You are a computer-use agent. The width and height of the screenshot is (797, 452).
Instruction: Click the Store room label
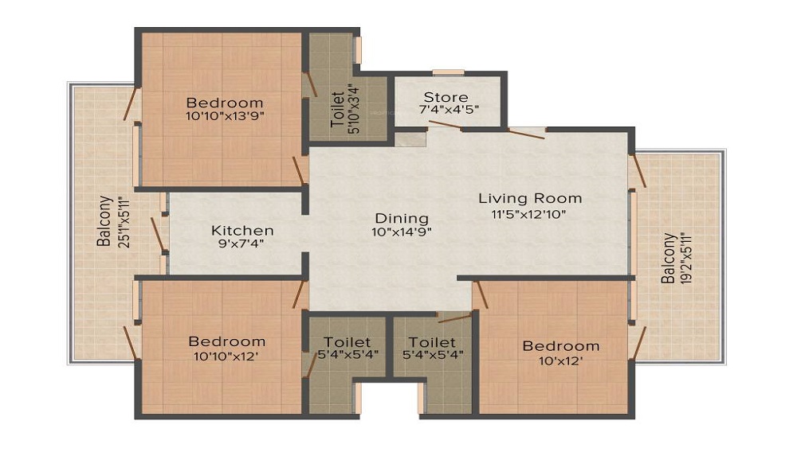click(446, 98)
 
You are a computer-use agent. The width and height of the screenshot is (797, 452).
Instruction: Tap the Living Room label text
click(530, 198)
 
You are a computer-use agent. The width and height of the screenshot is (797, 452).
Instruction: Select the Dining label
click(402, 218)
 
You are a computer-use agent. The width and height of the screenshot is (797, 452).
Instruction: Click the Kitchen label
click(242, 231)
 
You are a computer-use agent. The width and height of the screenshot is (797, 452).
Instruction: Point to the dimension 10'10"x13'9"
click(225, 115)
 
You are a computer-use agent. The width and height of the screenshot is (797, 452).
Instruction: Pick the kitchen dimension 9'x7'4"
click(242, 244)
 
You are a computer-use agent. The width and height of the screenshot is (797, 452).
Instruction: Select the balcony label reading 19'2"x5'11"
click(683, 258)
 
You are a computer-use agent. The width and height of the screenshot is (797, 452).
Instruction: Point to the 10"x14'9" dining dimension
click(402, 232)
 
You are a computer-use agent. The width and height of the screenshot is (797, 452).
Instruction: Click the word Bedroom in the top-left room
click(225, 103)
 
